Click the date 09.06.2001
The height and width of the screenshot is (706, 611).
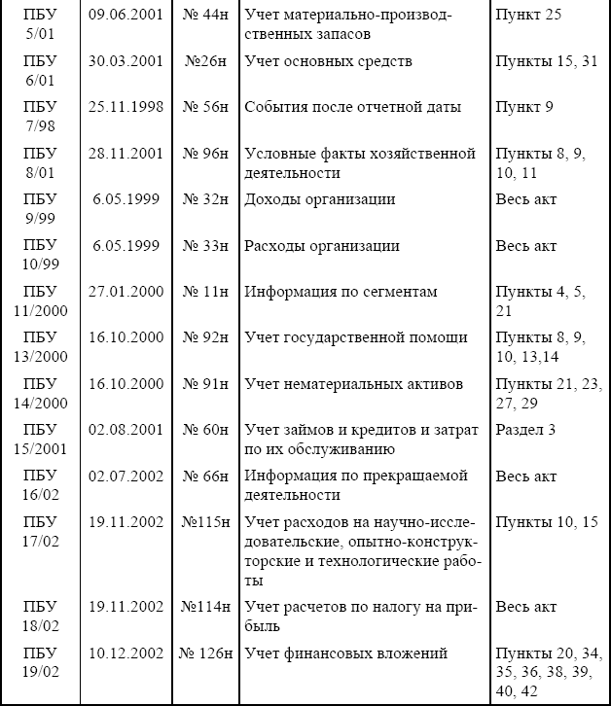click(124, 16)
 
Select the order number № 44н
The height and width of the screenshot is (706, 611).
click(205, 16)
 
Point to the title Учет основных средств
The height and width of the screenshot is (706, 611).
click(329, 61)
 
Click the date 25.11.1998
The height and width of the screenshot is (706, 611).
click(124, 107)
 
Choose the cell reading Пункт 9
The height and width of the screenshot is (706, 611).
click(523, 107)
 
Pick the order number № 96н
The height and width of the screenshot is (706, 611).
click(205, 154)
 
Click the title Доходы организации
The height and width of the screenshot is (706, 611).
click(320, 199)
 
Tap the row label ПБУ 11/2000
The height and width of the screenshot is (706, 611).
click(40, 301)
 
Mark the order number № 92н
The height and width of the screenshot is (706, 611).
click(205, 337)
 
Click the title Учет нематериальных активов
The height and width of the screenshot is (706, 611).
click(354, 383)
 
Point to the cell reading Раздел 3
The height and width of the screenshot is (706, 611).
click(527, 429)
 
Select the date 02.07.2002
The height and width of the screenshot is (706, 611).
click(124, 476)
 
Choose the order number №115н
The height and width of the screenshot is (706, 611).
click(205, 521)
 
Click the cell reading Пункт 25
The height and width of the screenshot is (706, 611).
click(528, 16)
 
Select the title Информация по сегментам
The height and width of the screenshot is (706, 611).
click(341, 291)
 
